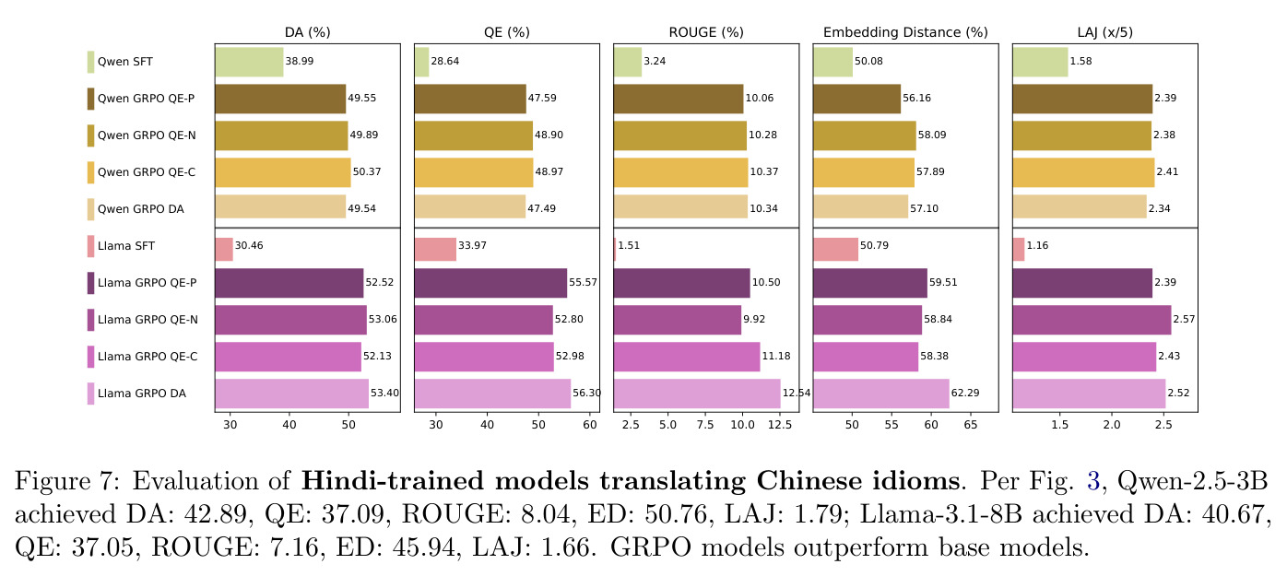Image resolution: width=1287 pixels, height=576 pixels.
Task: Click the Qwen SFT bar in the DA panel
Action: coord(249,62)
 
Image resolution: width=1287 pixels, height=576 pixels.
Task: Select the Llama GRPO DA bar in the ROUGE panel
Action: coord(697,394)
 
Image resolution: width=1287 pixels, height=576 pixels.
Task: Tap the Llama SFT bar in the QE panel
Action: coord(435,249)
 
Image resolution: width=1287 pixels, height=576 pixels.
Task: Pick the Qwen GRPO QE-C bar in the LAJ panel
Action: coord(1083,172)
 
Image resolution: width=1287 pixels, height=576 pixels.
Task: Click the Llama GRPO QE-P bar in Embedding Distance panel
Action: coord(870,283)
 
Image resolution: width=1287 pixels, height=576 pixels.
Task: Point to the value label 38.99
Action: coord(300,61)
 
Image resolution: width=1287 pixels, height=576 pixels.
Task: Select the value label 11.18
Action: coord(776,356)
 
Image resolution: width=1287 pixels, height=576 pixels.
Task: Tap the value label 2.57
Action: coord(1184,319)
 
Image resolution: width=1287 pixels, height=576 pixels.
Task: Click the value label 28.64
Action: coord(445,61)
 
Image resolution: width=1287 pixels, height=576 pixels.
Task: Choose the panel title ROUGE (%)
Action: coord(706,32)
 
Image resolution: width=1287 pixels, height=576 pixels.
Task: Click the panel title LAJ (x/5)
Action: coord(1104,32)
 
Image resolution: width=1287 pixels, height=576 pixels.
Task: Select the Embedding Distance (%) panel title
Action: coord(905,32)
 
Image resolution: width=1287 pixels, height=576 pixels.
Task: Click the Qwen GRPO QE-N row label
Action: coord(147,135)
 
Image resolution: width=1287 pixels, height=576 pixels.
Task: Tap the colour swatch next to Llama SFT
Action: coord(90,246)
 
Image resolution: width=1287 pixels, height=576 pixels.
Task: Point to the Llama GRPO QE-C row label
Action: coord(148,357)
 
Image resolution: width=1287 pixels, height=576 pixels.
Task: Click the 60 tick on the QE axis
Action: coord(590,425)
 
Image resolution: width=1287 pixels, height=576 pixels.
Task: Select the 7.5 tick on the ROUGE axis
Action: coord(705,425)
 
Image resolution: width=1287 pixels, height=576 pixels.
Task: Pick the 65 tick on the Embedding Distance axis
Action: coord(971,425)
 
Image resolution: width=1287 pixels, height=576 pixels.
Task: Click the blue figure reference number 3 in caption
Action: coord(1093,481)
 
